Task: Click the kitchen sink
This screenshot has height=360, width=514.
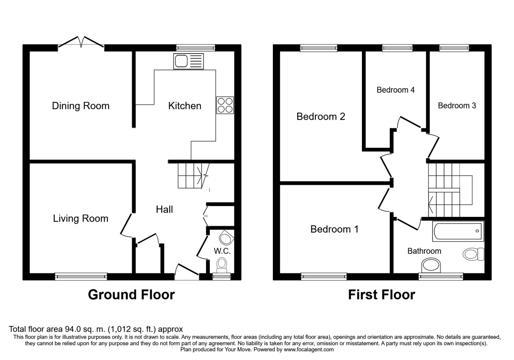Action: click(188, 61)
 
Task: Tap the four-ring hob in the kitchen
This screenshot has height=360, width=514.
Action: click(225, 105)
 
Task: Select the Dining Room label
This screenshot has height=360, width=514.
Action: click(81, 106)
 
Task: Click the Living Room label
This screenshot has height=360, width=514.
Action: click(81, 218)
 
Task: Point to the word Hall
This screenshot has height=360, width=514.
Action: click(164, 210)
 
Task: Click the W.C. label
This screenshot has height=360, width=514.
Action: click(222, 251)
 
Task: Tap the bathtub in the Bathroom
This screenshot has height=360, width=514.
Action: click(458, 231)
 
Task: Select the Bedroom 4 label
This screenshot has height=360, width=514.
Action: click(396, 90)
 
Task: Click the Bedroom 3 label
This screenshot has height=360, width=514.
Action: click(457, 105)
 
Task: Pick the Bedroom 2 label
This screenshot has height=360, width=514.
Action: click(321, 117)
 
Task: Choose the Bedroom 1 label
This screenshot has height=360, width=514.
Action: click(335, 229)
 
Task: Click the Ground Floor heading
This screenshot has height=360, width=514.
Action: click(131, 295)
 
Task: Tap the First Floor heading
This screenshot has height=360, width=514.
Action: click(382, 295)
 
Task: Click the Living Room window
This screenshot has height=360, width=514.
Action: click(81, 277)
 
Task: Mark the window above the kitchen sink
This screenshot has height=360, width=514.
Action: click(196, 48)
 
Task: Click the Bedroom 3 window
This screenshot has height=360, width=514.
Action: click(454, 48)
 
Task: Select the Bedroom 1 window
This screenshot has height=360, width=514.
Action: click(324, 277)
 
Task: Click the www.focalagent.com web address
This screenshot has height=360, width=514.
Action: click(309, 350)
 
